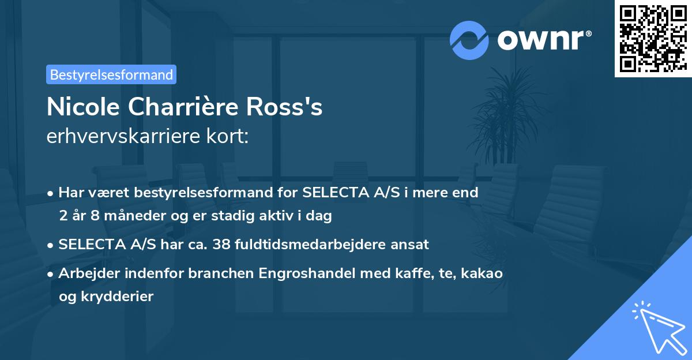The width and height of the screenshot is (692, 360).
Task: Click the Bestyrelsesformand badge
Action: [111, 74]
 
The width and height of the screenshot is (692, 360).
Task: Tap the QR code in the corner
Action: [653, 39]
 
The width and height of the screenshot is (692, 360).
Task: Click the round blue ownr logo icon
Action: [469, 40]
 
